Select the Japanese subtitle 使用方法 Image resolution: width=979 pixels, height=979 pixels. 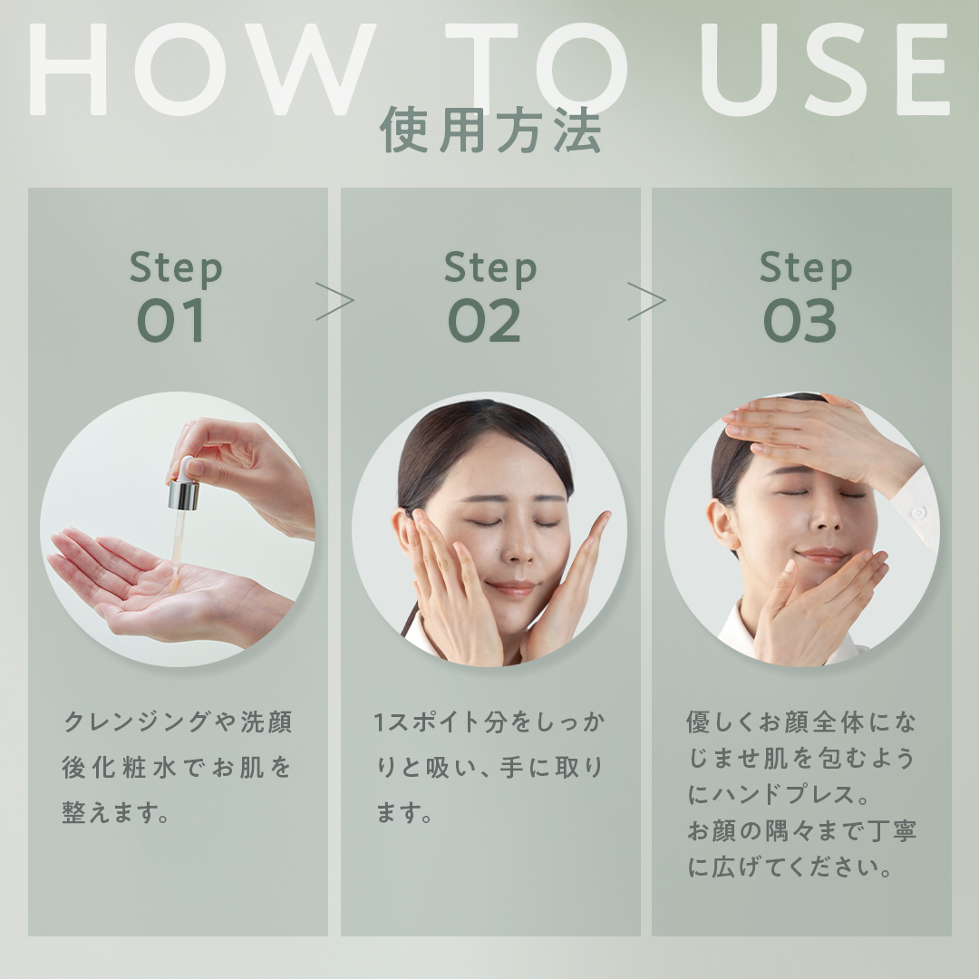click(x=490, y=131)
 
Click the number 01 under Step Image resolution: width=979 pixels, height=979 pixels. click(x=172, y=322)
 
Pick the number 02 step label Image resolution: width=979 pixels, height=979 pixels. click(x=486, y=322)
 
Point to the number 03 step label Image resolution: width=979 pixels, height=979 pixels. click(x=800, y=322)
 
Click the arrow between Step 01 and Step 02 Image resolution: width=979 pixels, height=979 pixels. click(x=334, y=301)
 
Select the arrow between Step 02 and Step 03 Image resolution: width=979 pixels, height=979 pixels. click(x=646, y=301)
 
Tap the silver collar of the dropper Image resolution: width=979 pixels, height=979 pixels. click(x=183, y=495)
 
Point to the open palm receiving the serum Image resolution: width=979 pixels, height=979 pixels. click(x=145, y=585)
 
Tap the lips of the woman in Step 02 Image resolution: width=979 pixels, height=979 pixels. click(x=512, y=588)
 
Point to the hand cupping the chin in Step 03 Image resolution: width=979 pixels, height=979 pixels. click(x=816, y=603)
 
